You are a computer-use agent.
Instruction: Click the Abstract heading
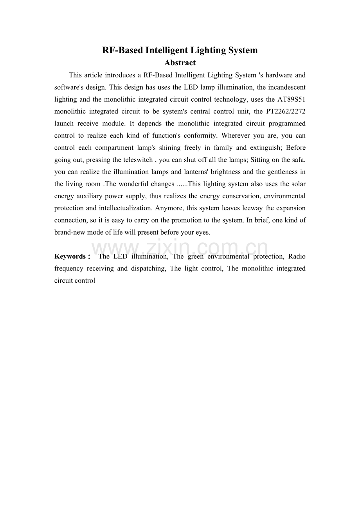coord(180,63)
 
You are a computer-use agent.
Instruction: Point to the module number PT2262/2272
coord(286,111)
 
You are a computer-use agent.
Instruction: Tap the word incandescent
coord(287,87)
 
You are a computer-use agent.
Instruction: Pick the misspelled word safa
coord(299,160)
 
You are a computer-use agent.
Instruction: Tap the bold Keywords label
coord(70,256)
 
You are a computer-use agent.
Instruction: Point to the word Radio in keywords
coord(297,256)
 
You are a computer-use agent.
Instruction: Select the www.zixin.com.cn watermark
coord(180,248)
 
